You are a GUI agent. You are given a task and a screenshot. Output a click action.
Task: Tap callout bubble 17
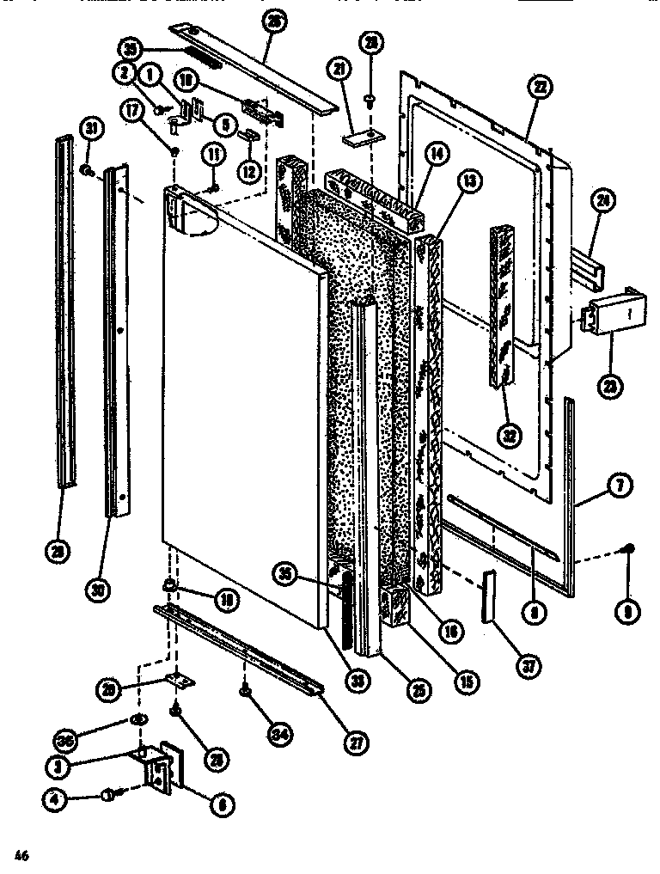point(133,110)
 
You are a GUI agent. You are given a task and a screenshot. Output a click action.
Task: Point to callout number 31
point(90,128)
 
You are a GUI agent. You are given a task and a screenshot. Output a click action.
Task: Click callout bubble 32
point(510,434)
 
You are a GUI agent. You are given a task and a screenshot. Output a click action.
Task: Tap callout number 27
point(353,744)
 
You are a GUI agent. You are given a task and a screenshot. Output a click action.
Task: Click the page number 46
point(22,853)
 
